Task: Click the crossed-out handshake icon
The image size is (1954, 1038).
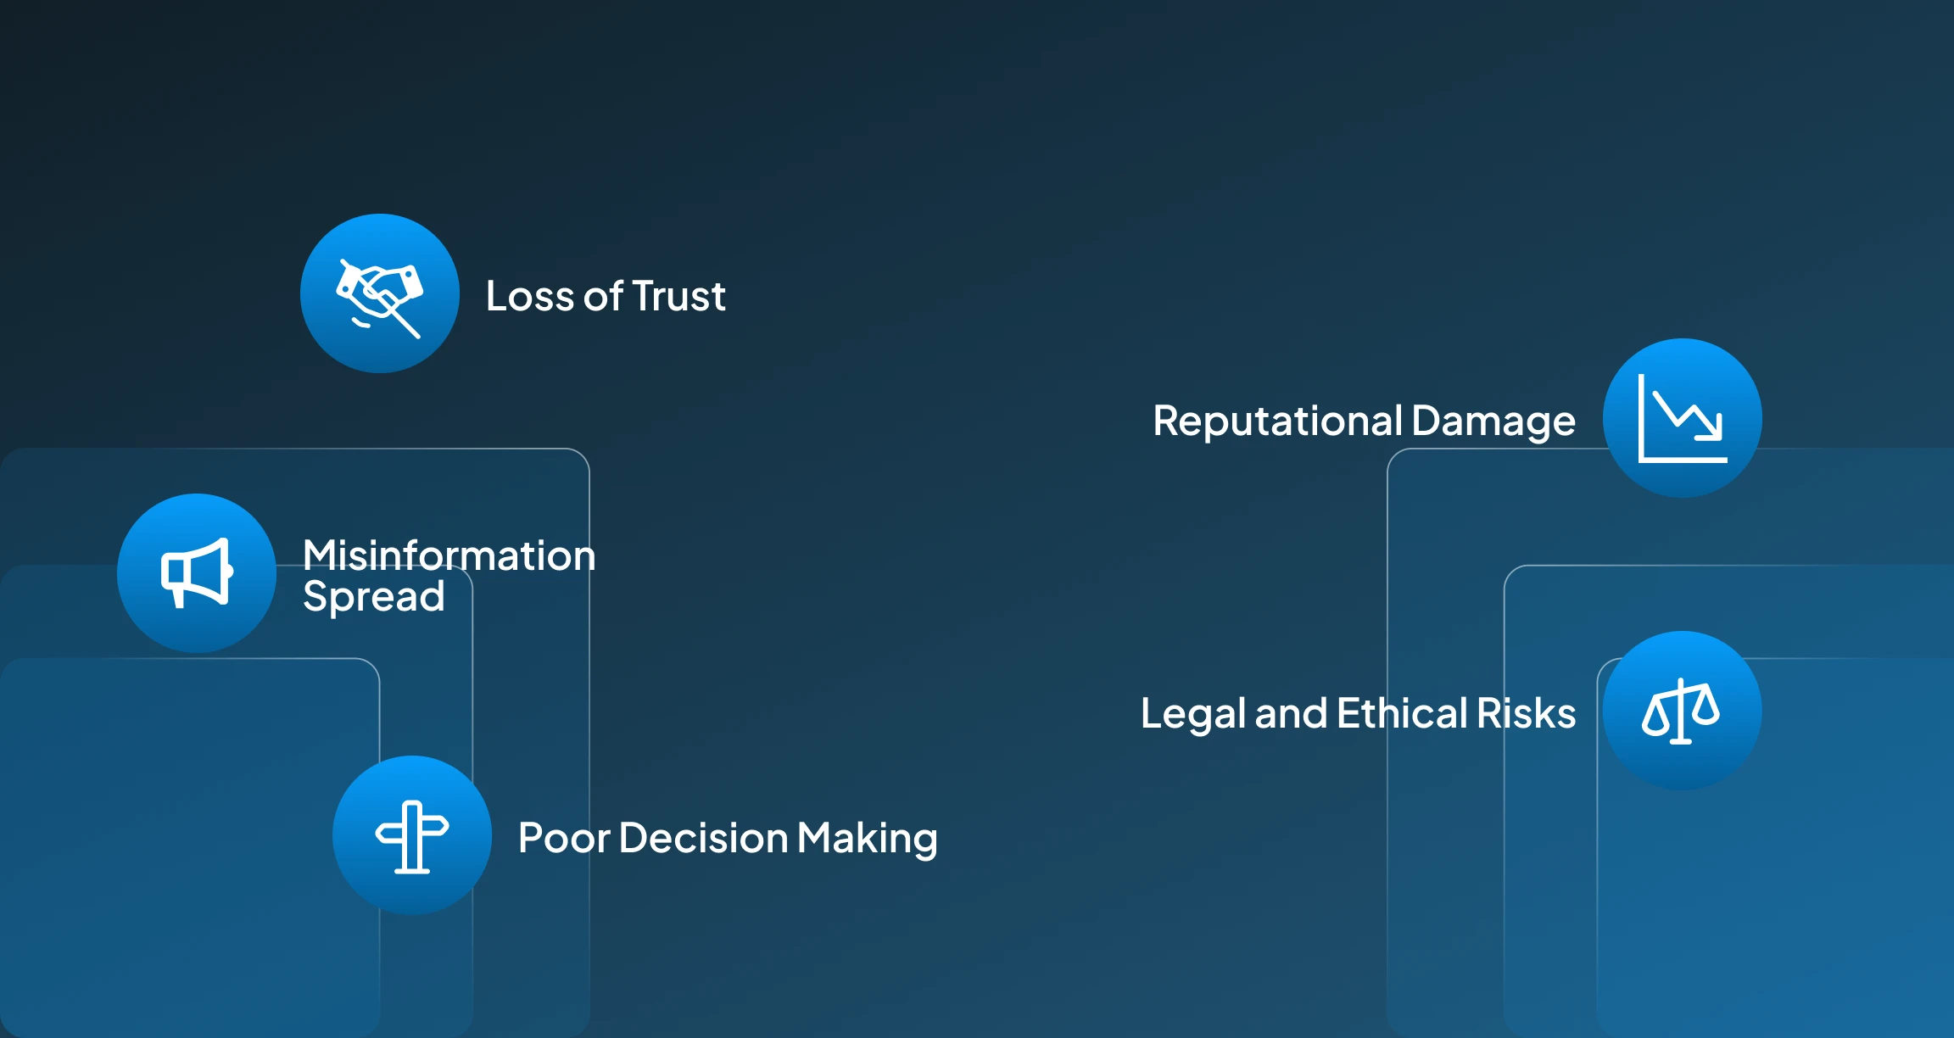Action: coord(380,294)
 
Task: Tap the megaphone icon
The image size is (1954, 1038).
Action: coord(197,573)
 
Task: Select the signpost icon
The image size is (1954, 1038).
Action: coord(412,836)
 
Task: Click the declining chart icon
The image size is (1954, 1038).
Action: coord(1683,419)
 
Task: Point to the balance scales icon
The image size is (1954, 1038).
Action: coord(1681,712)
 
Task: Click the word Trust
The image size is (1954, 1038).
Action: coord(678,297)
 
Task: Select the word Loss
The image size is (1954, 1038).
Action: coord(530,297)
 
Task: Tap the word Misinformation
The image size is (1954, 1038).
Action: coord(449,556)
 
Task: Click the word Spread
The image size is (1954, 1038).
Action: coord(373,597)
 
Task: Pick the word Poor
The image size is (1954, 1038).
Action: coord(563,839)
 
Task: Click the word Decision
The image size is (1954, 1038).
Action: coord(703,839)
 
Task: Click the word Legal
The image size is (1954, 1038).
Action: coord(1192,714)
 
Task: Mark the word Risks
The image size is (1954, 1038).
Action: coord(1526,713)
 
